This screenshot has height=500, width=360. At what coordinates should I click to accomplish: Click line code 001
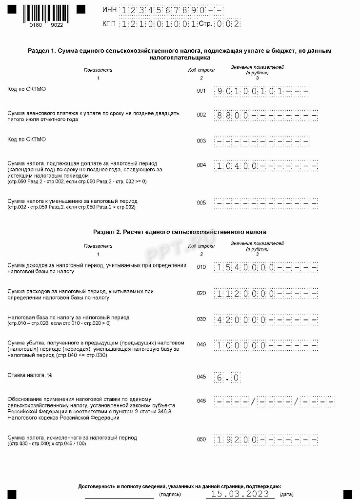201,91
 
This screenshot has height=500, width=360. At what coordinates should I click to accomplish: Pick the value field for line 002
266,116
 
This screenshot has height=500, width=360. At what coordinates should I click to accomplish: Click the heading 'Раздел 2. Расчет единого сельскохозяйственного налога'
180,231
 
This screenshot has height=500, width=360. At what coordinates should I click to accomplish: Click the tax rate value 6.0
227,378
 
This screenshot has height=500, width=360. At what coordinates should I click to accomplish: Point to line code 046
201,401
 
